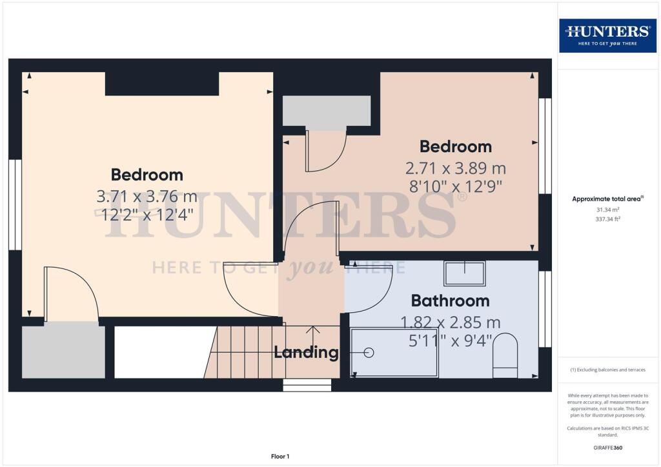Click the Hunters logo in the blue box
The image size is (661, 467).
click(607, 35)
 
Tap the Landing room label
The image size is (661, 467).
click(306, 352)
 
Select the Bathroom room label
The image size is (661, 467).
click(450, 301)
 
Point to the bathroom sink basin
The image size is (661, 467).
click(465, 273)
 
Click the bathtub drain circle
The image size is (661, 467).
click(369, 352)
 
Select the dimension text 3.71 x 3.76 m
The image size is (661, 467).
click(147, 196)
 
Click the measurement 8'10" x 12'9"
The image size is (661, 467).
click(456, 186)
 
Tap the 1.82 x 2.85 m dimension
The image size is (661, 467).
click(450, 323)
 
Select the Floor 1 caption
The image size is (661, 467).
click(280, 457)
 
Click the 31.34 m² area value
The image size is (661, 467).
click(607, 210)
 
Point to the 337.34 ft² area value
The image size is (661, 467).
click(607, 219)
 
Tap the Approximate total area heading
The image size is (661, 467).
click(607, 199)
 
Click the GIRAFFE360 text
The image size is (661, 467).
click(607, 448)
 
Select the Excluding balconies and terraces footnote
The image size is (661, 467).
click(607, 370)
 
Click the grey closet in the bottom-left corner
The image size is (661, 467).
click(63, 350)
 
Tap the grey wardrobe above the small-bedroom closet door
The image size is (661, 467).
click(326, 110)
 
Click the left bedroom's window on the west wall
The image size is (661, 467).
click(15, 204)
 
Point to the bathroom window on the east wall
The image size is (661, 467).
click(545, 309)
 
